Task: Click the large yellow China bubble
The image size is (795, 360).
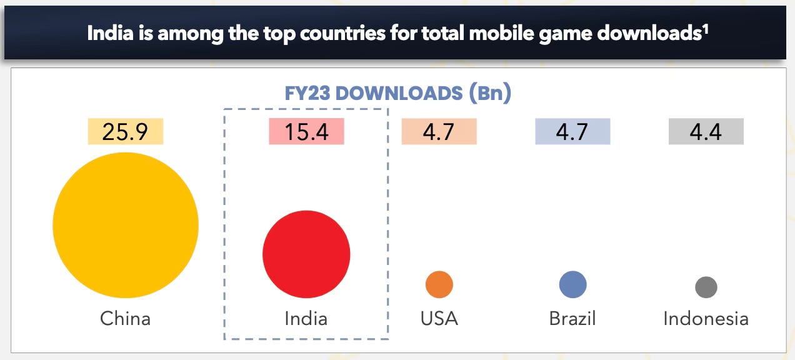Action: point(126,225)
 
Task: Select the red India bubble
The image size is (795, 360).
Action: point(306,254)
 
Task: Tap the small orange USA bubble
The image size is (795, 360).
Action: point(439,285)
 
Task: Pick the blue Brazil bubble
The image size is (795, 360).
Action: point(572,285)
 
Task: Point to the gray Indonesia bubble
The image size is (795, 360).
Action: point(706,287)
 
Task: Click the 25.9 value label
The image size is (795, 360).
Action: point(126,132)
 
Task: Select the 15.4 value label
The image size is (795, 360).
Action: point(306,132)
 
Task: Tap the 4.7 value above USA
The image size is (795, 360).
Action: point(439,132)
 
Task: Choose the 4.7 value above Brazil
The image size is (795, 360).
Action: point(572,132)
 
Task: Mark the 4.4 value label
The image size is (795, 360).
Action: point(706,132)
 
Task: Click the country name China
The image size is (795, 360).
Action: point(126,319)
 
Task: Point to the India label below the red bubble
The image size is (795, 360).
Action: point(306,319)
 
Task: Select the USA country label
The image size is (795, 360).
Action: point(439,319)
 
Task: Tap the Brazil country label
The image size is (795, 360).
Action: point(572,319)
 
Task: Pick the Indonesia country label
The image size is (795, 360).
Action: point(706,319)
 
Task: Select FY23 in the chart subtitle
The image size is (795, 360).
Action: point(307,94)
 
